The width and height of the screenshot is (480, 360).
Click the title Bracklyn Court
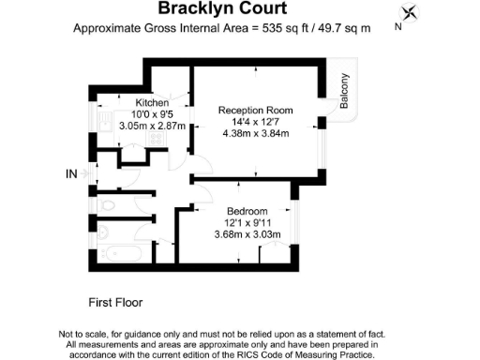pos(222,9)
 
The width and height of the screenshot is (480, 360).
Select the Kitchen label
pos(151,103)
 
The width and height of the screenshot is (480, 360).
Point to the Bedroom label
pos(247,211)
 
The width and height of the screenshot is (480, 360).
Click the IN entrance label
pos(72,173)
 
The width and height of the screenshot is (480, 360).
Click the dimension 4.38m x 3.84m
pos(256,132)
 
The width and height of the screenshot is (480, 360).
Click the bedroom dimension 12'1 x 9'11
pos(247,222)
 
